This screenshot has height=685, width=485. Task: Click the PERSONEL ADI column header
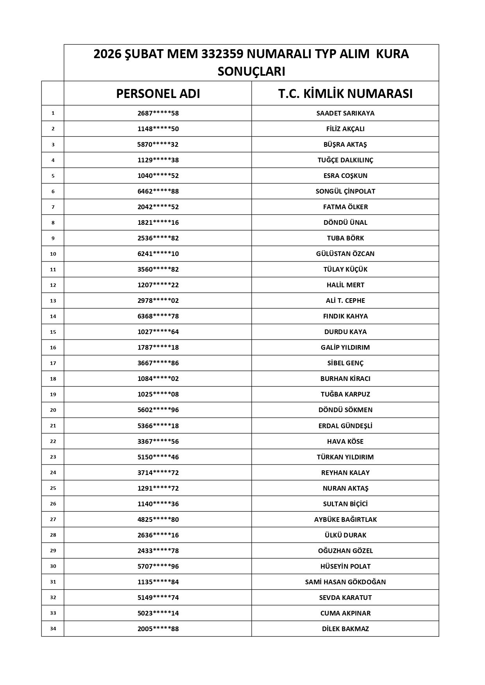click(x=158, y=94)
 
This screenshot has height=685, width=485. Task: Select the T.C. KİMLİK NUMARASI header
click(x=345, y=94)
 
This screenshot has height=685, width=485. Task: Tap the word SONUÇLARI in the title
click(x=251, y=71)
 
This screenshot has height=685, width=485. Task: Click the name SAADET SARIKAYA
click(x=345, y=113)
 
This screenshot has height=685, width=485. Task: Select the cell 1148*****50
click(x=158, y=129)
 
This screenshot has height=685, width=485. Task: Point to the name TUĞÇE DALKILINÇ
click(x=345, y=160)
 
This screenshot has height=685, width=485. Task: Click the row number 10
click(x=53, y=254)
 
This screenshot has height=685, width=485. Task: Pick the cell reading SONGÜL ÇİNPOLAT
click(x=345, y=191)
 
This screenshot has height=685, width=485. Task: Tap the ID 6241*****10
click(x=158, y=254)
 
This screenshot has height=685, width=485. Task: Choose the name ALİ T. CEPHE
click(x=345, y=301)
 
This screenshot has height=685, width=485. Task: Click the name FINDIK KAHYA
click(x=345, y=316)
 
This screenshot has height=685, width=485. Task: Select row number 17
click(x=53, y=363)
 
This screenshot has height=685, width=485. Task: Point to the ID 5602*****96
click(x=158, y=410)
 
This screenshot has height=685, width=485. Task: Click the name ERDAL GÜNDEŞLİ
click(x=345, y=426)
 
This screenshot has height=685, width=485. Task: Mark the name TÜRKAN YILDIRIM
click(x=345, y=457)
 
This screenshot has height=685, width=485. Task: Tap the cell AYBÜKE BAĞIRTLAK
click(x=345, y=520)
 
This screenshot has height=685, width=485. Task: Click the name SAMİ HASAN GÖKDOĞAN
click(x=345, y=582)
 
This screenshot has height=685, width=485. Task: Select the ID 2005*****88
click(x=158, y=629)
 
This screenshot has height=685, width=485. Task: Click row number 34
click(x=53, y=629)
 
